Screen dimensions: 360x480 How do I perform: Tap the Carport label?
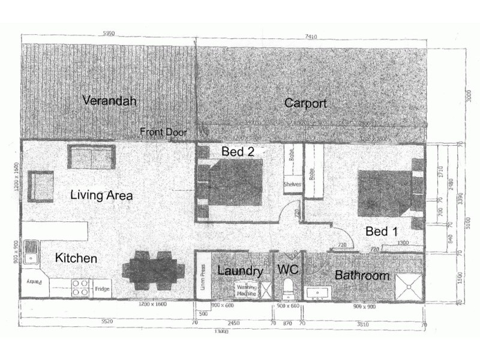click(x=306, y=103)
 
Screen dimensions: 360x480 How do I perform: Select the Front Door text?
click(x=164, y=132)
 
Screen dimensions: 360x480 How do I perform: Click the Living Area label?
click(x=101, y=195)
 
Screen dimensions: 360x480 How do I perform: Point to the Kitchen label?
click(x=76, y=259)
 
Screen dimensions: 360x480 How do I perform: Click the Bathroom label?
click(x=362, y=276)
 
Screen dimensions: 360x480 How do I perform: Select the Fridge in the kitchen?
click(x=102, y=289)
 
